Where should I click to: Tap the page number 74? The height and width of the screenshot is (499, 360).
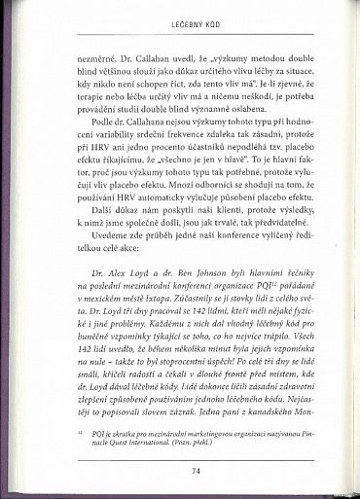coord(181,469)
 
